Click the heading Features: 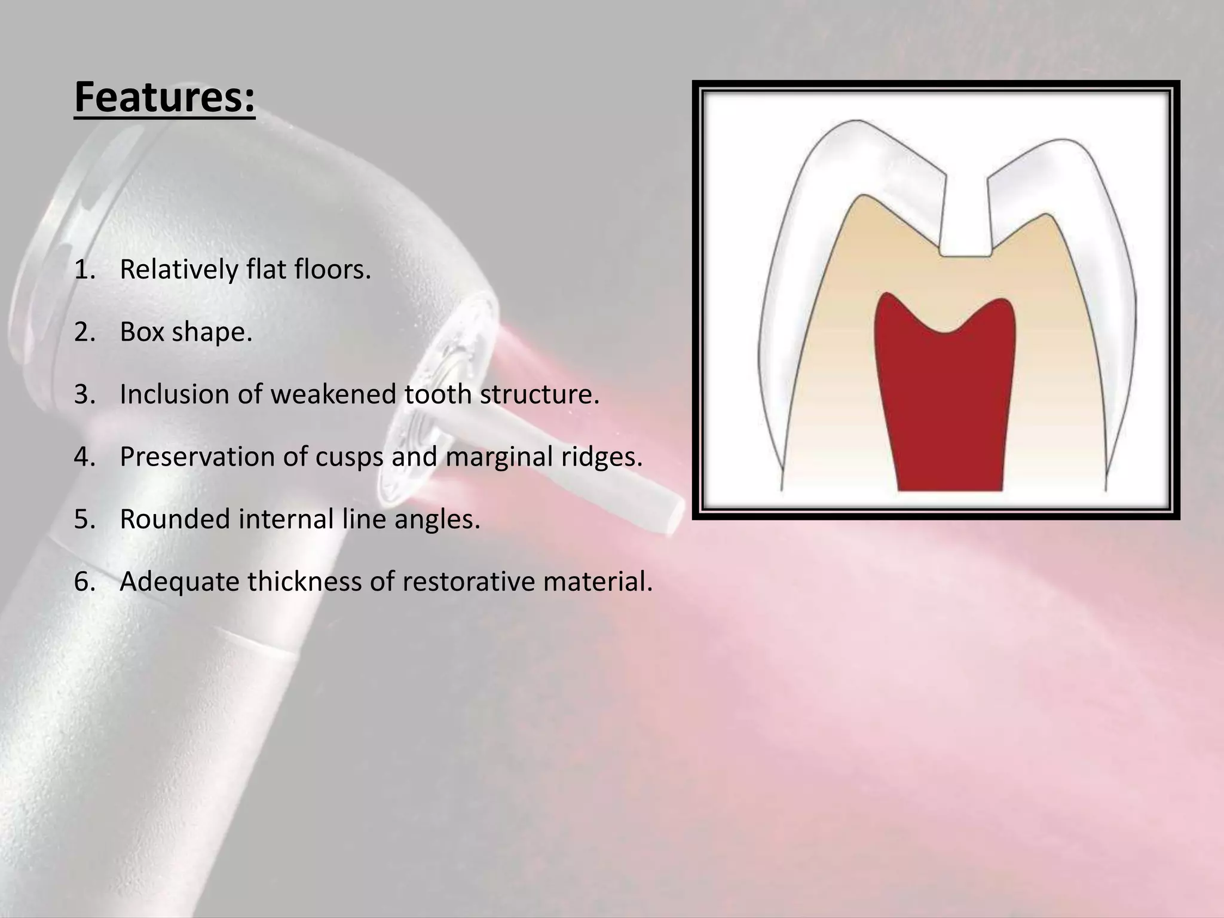164,97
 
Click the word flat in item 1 267,270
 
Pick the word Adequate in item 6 179,581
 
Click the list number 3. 84,394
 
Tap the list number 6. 84,582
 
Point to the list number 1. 84,270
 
